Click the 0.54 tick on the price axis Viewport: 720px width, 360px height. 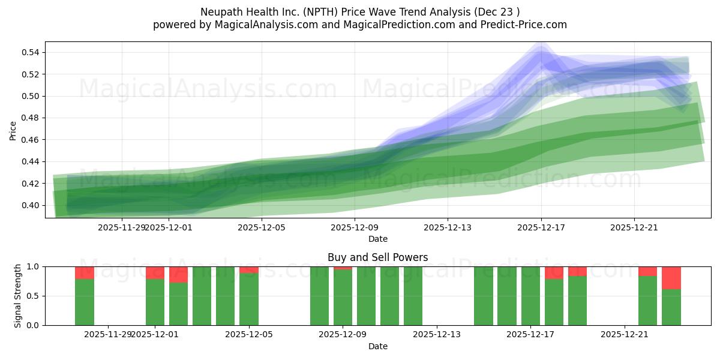click(x=31, y=53)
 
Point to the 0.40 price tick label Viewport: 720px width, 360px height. click(x=31, y=205)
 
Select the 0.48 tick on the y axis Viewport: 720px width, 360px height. click(x=31, y=118)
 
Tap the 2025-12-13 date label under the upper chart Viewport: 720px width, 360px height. click(x=448, y=227)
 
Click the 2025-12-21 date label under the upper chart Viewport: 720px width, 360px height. click(x=634, y=227)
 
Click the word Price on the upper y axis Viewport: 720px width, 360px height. click(x=13, y=130)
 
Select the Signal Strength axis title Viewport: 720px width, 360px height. click(x=18, y=296)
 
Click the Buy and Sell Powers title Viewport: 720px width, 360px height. click(x=378, y=257)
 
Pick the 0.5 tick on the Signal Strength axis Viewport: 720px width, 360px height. click(x=34, y=296)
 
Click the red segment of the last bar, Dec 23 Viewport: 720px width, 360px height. click(x=671, y=278)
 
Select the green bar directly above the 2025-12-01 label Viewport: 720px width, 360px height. click(x=155, y=302)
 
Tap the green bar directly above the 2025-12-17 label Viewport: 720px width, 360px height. click(x=530, y=296)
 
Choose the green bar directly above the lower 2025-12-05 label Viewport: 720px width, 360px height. click(x=249, y=299)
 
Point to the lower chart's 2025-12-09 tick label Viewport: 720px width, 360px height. click(x=343, y=334)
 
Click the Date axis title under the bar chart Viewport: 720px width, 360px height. click(x=378, y=346)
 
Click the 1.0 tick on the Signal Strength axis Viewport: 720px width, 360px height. click(x=34, y=266)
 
